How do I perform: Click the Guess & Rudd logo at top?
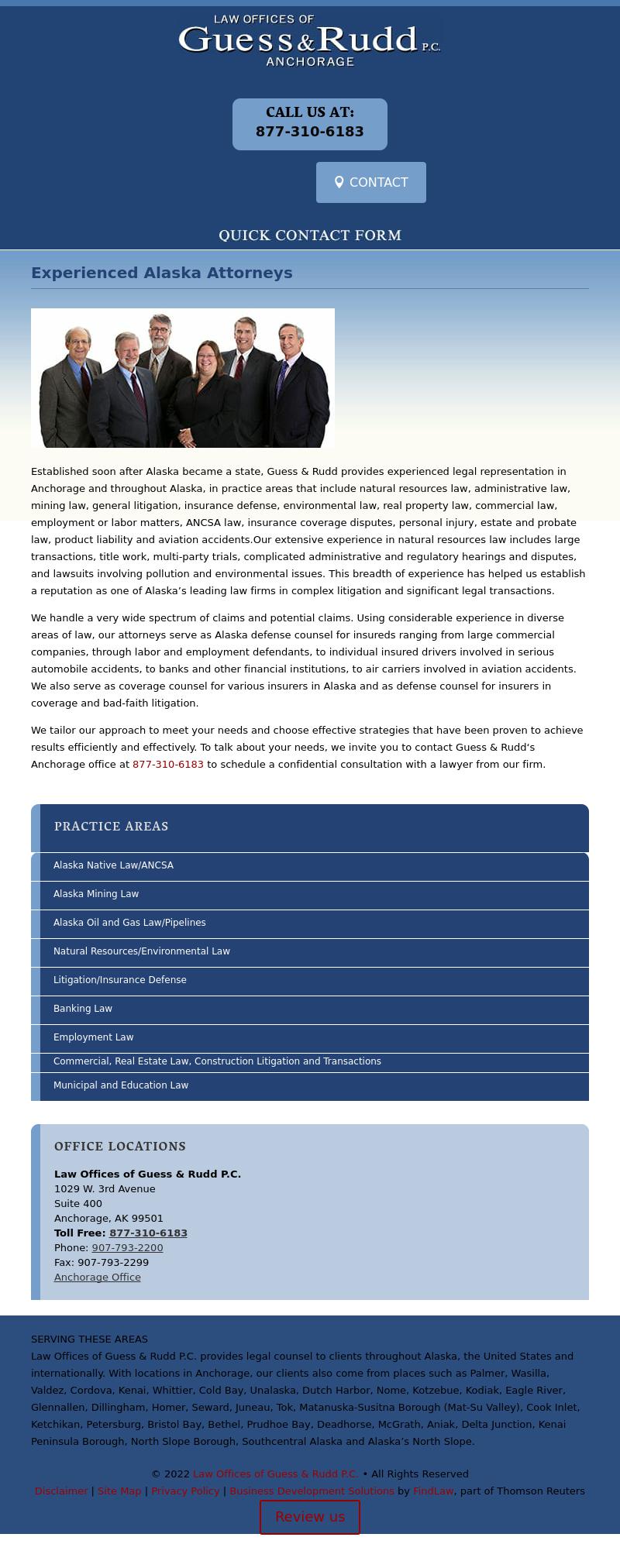click(x=309, y=40)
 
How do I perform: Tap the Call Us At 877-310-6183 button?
click(x=310, y=124)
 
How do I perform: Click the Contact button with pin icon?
click(x=371, y=182)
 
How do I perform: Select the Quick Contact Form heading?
click(x=310, y=235)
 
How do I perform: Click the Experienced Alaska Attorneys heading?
click(x=162, y=273)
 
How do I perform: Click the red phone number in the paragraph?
click(x=168, y=765)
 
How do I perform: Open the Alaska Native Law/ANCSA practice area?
click(x=113, y=865)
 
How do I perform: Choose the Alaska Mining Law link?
click(x=96, y=894)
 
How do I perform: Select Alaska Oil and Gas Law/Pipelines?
click(x=129, y=923)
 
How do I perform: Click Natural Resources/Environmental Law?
click(x=142, y=951)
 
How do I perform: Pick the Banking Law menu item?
click(x=83, y=1009)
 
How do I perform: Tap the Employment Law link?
click(x=94, y=1037)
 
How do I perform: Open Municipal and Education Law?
click(x=121, y=1085)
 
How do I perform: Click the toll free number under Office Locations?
click(x=148, y=1233)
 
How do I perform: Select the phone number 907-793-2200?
click(x=127, y=1248)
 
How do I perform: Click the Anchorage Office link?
click(x=98, y=1278)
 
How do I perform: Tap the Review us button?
click(x=310, y=1517)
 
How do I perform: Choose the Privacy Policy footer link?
click(x=185, y=1491)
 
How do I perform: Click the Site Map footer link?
click(x=119, y=1491)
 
